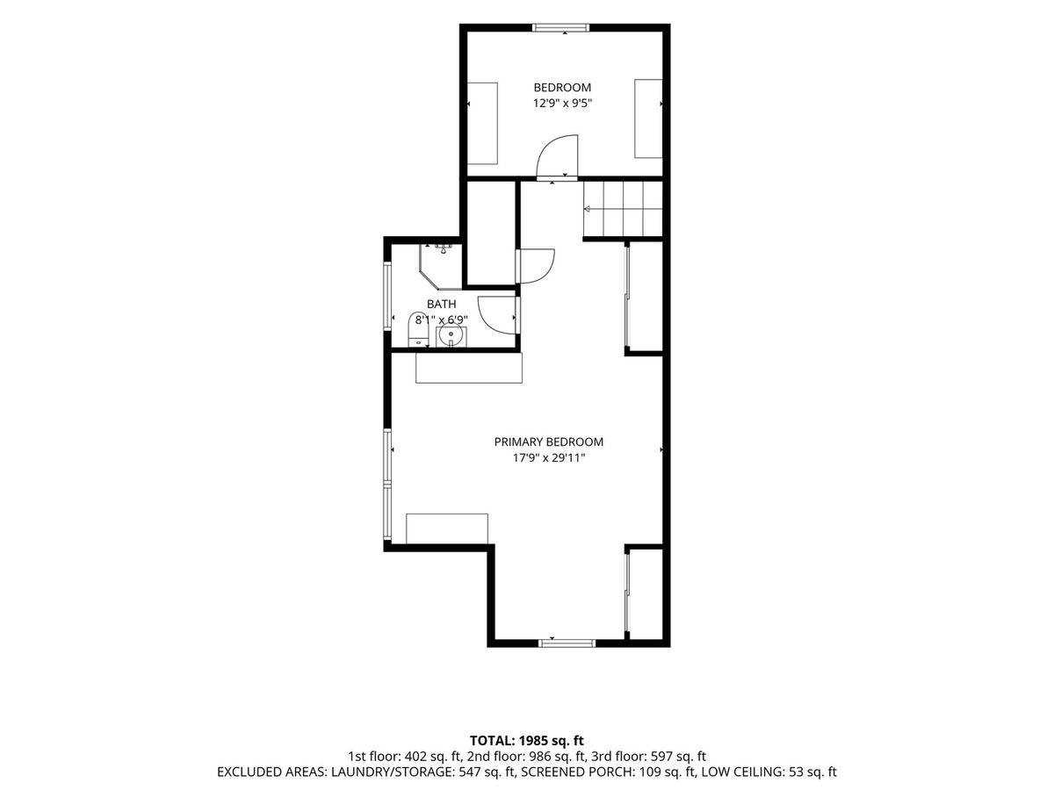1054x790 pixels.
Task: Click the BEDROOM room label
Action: pos(562,87)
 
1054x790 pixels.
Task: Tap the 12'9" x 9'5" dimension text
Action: pos(562,103)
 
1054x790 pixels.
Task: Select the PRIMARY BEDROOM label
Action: pos(548,442)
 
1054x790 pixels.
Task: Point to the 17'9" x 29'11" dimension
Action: pos(549,458)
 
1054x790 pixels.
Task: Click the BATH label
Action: pos(441,304)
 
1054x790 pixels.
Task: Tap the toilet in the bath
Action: pos(419,329)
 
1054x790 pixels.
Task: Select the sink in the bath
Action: pos(451,336)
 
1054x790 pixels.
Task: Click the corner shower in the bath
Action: pos(441,267)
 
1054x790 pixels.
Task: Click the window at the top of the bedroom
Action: pos(561,28)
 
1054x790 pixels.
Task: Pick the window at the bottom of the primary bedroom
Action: pos(567,643)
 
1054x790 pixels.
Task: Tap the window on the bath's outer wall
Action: pos(387,296)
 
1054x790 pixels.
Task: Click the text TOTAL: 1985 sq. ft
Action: pos(527,741)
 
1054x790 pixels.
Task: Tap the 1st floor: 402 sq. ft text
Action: pos(405,757)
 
